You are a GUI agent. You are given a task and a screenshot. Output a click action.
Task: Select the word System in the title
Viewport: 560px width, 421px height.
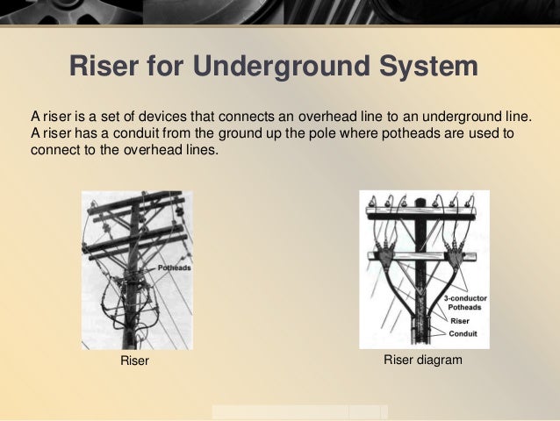pos(427,68)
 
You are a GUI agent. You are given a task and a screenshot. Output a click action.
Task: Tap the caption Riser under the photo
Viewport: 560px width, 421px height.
pos(135,361)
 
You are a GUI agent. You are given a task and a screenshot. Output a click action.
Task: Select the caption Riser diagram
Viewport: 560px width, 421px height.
pos(423,360)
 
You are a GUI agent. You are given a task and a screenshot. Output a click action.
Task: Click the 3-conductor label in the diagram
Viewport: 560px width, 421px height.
pos(465,299)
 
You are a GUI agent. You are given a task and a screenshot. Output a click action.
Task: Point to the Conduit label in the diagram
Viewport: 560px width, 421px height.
pos(463,334)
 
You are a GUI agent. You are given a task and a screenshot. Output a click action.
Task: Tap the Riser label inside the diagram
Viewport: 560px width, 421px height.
pos(459,322)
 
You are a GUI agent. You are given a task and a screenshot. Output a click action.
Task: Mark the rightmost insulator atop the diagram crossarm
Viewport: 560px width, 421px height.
pos(474,202)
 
